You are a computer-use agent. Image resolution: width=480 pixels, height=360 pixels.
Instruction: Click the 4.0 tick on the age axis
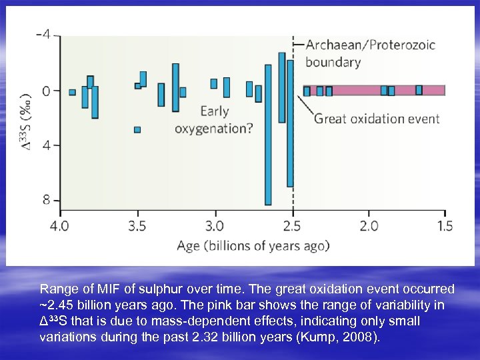(60, 226)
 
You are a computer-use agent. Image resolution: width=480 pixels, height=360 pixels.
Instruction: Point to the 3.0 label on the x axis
(214, 226)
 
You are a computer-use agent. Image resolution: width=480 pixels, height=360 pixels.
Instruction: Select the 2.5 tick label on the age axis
(291, 226)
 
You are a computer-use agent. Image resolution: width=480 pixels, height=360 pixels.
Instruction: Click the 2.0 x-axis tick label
(368, 226)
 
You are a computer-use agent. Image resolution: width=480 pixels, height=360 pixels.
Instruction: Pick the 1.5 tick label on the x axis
(445, 226)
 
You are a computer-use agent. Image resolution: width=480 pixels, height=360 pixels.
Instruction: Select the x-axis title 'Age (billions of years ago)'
(253, 246)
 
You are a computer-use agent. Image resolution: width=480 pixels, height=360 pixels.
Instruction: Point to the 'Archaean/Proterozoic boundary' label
(370, 53)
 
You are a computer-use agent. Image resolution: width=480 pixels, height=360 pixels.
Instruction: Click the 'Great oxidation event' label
(377, 119)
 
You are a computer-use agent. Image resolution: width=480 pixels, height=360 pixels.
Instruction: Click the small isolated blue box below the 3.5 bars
(137, 129)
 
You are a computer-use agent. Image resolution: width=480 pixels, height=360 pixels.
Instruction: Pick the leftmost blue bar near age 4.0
(73, 92)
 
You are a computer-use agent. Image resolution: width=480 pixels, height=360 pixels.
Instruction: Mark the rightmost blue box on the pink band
(419, 90)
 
